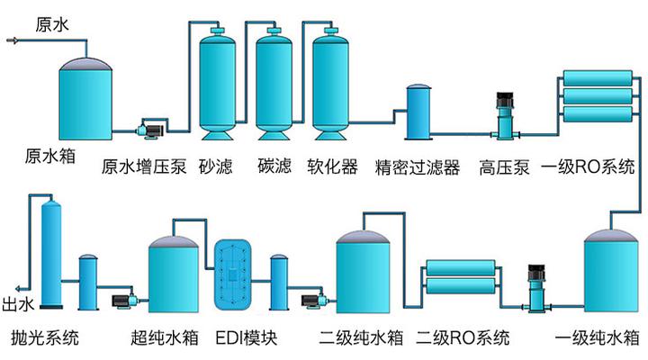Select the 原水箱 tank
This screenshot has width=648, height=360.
coord(86,99)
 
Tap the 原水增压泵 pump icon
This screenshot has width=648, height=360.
coord(149,130)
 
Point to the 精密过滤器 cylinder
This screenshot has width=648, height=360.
coord(418,112)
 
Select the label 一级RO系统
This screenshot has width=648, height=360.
coord(589,167)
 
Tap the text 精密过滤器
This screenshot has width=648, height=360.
coord(418,167)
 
